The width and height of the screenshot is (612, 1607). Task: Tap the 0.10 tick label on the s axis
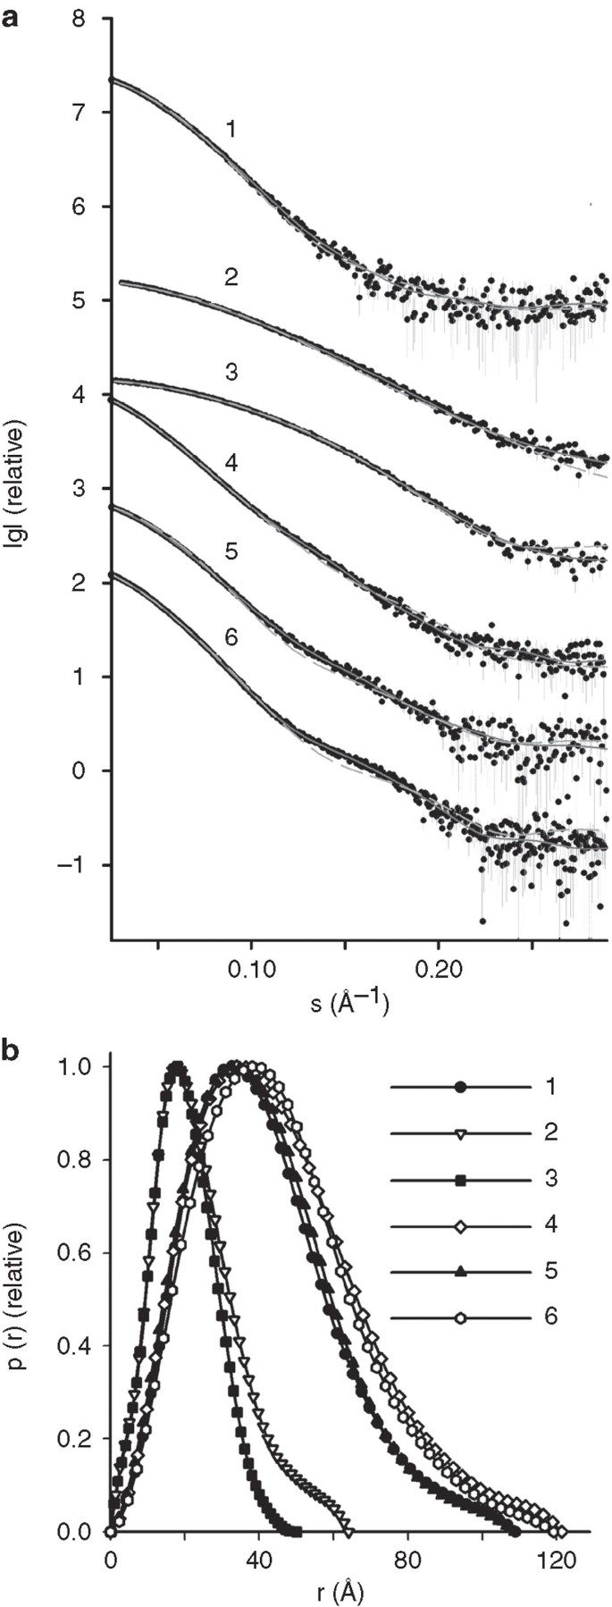point(251,971)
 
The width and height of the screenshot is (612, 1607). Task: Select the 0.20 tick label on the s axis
point(438,971)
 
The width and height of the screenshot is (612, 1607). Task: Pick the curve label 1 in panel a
point(231,130)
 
